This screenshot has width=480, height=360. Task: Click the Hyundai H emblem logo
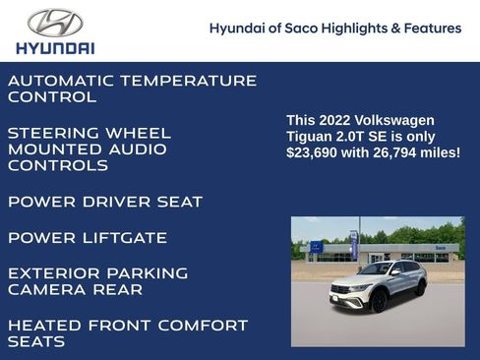point(55,22)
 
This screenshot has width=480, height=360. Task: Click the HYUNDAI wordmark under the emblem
point(55,47)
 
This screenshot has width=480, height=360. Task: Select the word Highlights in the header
point(361,29)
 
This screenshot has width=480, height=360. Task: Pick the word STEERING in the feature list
point(55,133)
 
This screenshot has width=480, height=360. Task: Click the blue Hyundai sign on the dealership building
point(316,248)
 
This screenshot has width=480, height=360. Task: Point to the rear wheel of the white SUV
point(420,288)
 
